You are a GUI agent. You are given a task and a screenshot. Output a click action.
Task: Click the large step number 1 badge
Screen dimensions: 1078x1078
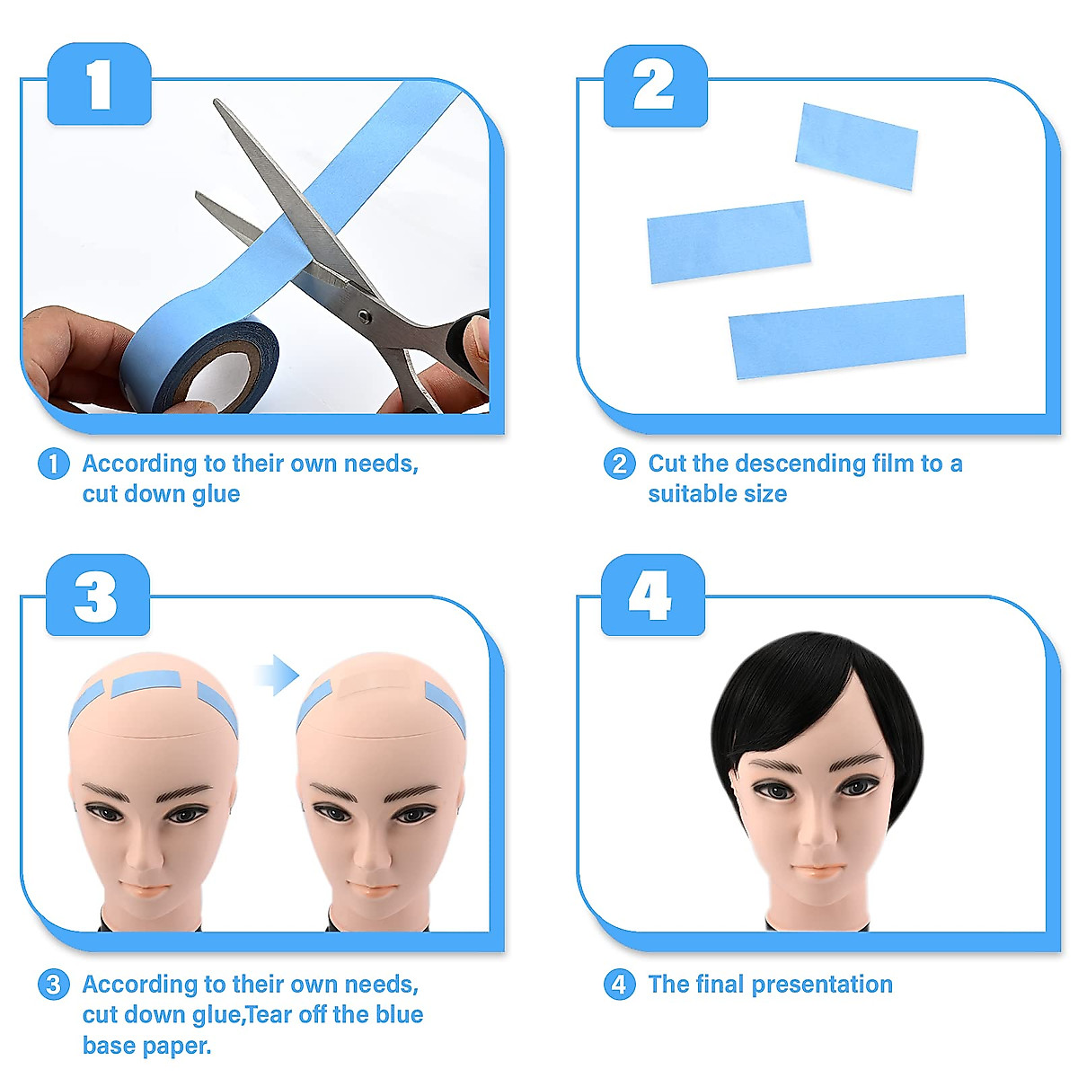[99, 85]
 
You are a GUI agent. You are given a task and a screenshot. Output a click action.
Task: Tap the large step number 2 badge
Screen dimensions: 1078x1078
[655, 85]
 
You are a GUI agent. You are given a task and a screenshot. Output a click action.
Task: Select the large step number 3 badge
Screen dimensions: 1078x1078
[97, 596]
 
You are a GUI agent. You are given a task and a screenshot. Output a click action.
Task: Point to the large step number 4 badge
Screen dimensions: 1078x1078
[652, 596]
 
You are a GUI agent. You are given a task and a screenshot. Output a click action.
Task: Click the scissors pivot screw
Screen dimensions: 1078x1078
[363, 315]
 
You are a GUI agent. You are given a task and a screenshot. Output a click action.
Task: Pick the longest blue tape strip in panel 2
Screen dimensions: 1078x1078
[847, 336]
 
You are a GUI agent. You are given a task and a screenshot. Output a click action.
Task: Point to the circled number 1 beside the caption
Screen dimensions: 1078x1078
[54, 464]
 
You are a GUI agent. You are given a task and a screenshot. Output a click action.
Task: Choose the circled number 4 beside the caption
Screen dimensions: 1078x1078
[619, 985]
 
